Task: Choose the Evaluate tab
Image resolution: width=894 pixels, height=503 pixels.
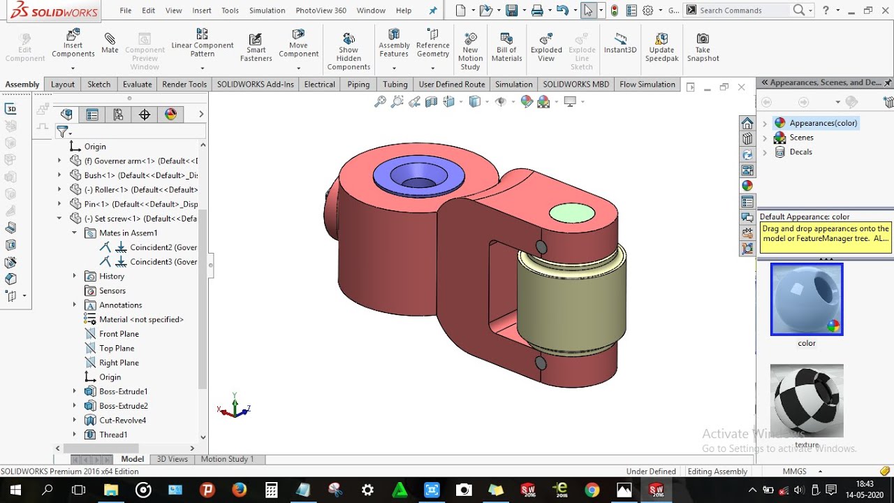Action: (x=137, y=85)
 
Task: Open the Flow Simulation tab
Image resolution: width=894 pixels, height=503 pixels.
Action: (x=647, y=85)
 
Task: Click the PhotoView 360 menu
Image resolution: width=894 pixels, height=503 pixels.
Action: (x=321, y=10)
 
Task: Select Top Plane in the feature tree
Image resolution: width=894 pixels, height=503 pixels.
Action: (x=117, y=349)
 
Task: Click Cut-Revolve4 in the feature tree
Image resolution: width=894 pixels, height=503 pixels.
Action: (x=122, y=421)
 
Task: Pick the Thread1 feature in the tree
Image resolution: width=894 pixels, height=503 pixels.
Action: (x=113, y=435)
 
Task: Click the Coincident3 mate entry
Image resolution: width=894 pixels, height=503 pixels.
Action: (x=163, y=262)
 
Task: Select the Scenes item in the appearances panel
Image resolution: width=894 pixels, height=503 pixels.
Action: (x=801, y=138)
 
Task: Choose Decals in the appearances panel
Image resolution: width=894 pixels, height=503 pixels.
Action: (x=800, y=152)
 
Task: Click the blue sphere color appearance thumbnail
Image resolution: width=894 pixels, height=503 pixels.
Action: (x=807, y=299)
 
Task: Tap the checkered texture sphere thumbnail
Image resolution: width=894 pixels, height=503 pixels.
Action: (x=807, y=400)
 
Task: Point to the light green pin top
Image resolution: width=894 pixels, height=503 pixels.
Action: (x=572, y=213)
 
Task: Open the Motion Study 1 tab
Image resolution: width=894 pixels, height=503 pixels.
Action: (x=227, y=459)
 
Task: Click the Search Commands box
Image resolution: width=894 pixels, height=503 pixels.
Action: (x=743, y=10)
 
